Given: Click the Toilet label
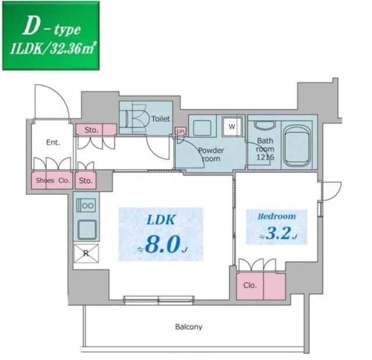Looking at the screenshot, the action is pyautogui.click(x=160, y=119).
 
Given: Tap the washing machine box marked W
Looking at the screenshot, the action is pyautogui.click(x=232, y=126).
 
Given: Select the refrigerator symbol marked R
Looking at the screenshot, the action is pyautogui.click(x=86, y=254).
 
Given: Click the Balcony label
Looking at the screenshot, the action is pyautogui.click(x=188, y=327).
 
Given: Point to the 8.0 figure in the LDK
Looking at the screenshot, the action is pyautogui.click(x=163, y=244).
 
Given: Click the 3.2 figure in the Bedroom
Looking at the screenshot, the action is pyautogui.click(x=278, y=233).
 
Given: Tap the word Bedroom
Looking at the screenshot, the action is pyautogui.click(x=277, y=216).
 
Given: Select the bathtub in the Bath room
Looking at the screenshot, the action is pyautogui.click(x=297, y=145).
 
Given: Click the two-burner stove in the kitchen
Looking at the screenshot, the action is pyautogui.click(x=86, y=205).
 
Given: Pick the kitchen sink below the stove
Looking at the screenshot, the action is pyautogui.click(x=87, y=230).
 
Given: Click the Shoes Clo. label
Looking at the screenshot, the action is pyautogui.click(x=53, y=181).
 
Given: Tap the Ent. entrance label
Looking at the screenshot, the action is pyautogui.click(x=53, y=142).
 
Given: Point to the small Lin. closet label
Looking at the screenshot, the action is pyautogui.click(x=181, y=131).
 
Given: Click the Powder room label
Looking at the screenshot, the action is pyautogui.click(x=211, y=155).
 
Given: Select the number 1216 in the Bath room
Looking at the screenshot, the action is pyautogui.click(x=265, y=157).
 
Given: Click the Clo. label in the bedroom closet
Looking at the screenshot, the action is pyautogui.click(x=250, y=285).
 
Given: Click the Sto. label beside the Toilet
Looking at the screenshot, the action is pyautogui.click(x=91, y=130).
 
